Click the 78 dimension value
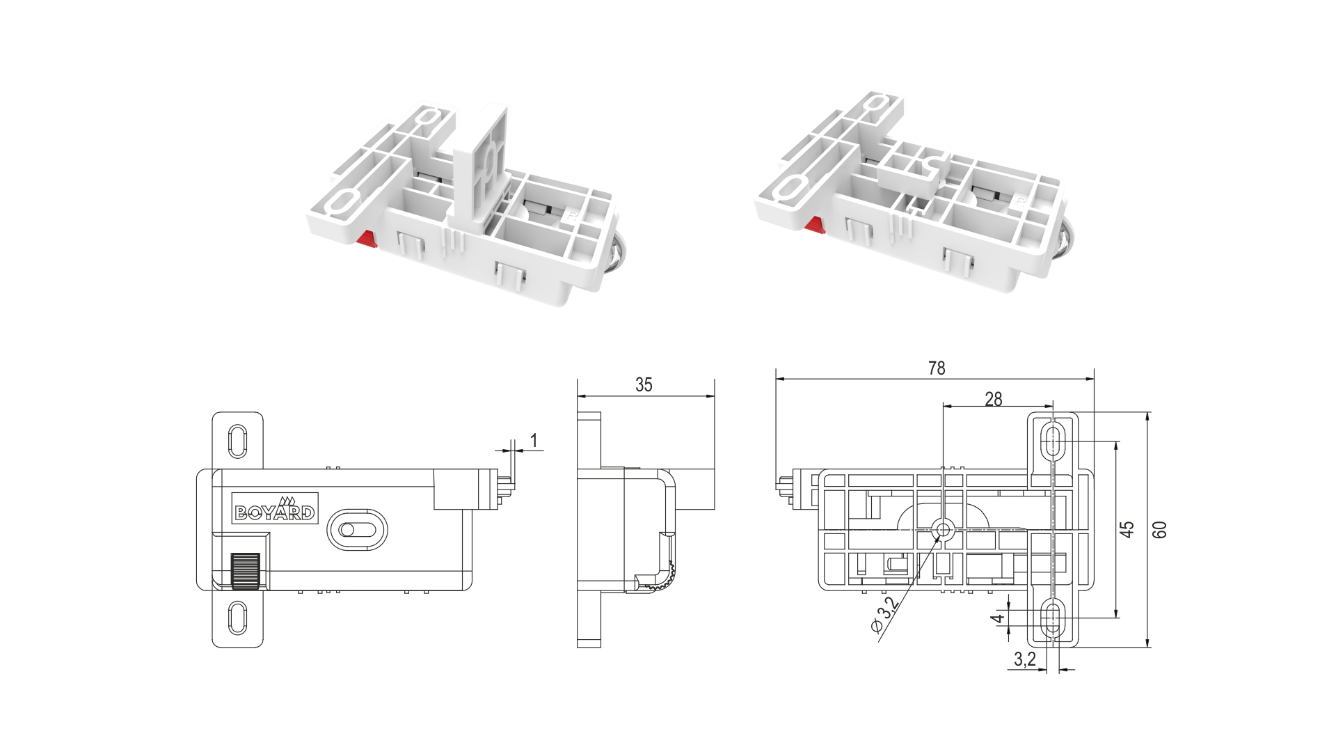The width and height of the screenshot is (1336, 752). [x=937, y=368]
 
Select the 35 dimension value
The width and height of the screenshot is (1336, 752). [x=644, y=385]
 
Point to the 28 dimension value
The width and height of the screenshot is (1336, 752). [x=994, y=398]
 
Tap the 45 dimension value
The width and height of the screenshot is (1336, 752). [x=1128, y=530]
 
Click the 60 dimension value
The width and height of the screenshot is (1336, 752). [x=1159, y=530]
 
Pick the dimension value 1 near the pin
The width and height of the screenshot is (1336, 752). [x=534, y=440]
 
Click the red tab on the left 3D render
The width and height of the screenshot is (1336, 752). [x=366, y=240]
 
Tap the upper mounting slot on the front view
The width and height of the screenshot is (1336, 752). [x=237, y=441]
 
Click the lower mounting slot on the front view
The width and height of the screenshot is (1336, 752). [x=237, y=618]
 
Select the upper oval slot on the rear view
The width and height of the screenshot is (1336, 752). [x=1053, y=441]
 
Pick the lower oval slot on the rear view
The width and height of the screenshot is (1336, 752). [x=1053, y=618]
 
